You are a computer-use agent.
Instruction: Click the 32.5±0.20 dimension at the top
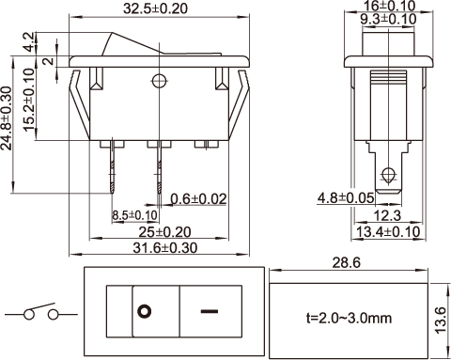(155, 8)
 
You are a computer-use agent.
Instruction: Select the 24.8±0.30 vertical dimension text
(7, 118)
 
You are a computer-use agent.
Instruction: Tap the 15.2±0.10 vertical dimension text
(29, 100)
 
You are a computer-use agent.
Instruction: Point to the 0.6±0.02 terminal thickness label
(198, 199)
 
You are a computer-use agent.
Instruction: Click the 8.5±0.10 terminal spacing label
(134, 215)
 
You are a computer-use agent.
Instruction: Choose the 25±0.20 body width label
(164, 232)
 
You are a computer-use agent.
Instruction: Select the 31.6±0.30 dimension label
(165, 248)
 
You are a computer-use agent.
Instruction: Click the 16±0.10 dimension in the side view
(389, 6)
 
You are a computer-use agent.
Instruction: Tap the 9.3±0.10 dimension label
(388, 19)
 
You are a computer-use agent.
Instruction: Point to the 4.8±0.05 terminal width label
(346, 198)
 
